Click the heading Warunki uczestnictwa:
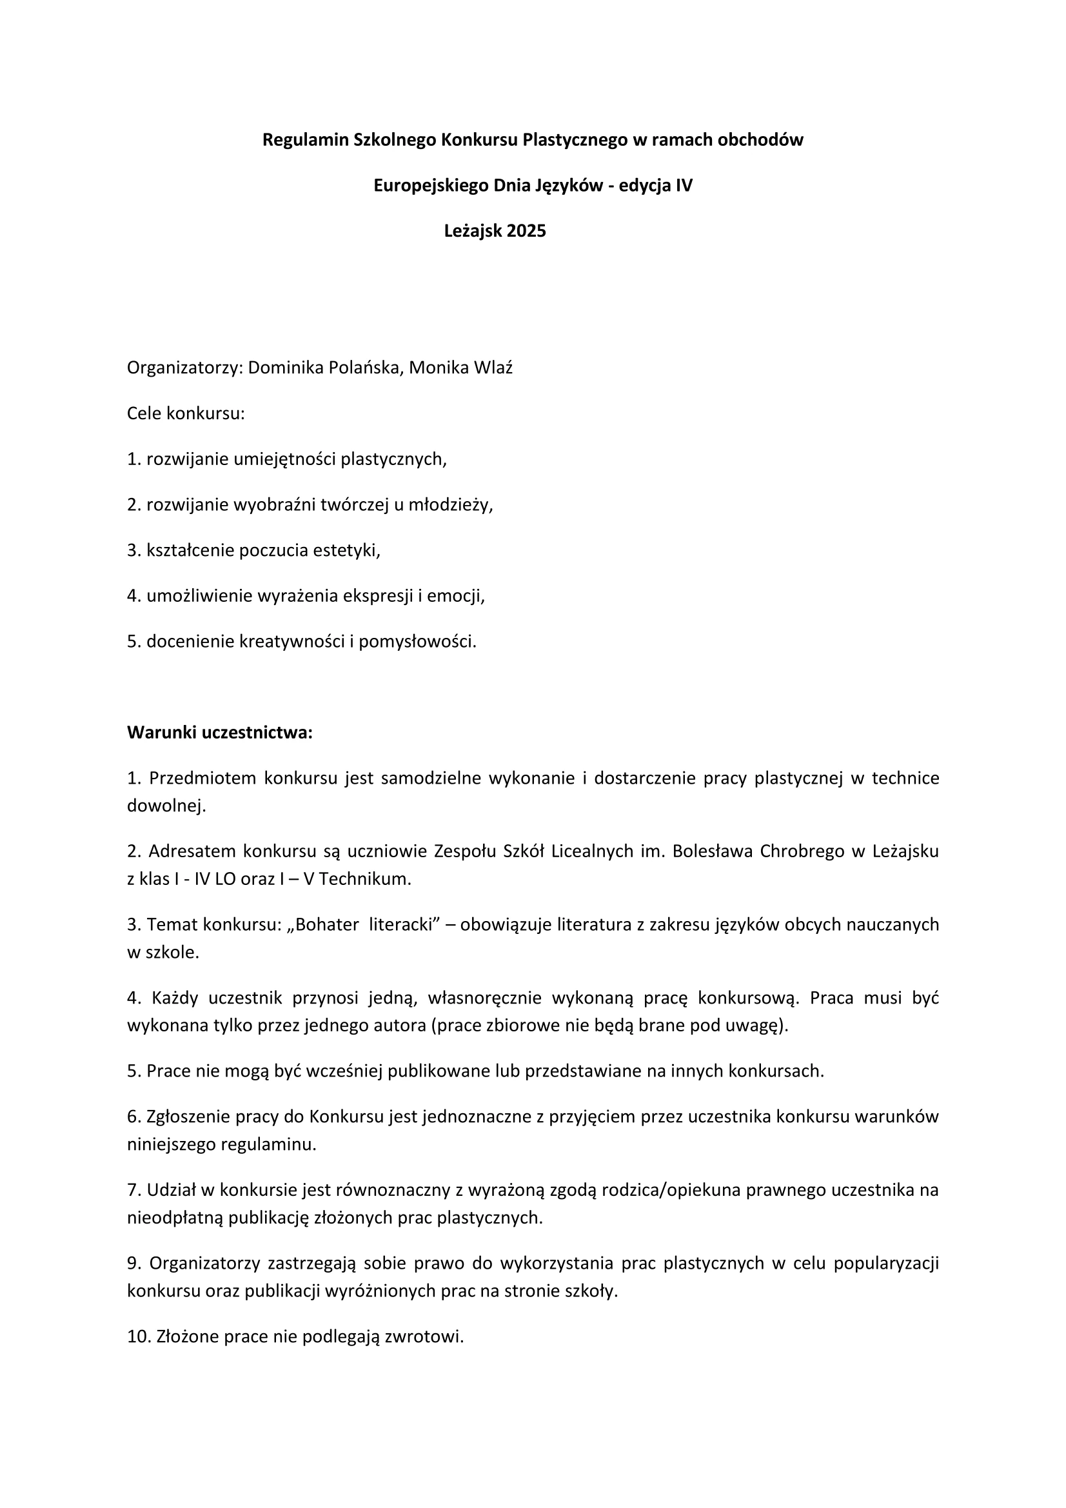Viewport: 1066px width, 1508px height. pos(219,733)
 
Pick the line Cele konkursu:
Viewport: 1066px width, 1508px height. pos(185,414)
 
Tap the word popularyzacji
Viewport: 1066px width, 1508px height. pos(886,1264)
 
